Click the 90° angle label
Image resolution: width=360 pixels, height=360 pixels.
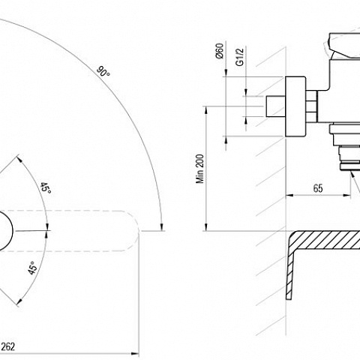pyautogui.click(x=103, y=71)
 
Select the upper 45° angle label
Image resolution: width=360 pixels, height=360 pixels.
pyautogui.click(x=46, y=188)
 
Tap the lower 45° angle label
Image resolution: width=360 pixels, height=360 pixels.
pyautogui.click(x=32, y=268)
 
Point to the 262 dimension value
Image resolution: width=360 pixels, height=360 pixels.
pyautogui.click(x=8, y=346)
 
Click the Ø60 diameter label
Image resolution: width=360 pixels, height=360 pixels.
pyautogui.click(x=220, y=51)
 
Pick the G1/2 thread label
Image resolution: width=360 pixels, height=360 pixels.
pyautogui.click(x=240, y=57)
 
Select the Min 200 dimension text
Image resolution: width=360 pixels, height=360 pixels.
pyautogui.click(x=200, y=169)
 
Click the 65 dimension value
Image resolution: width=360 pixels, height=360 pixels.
pyautogui.click(x=318, y=188)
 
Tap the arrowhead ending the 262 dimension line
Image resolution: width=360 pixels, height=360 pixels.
pyautogui.click(x=135, y=353)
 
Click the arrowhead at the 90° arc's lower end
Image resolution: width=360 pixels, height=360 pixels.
pyautogui.click(x=161, y=226)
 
